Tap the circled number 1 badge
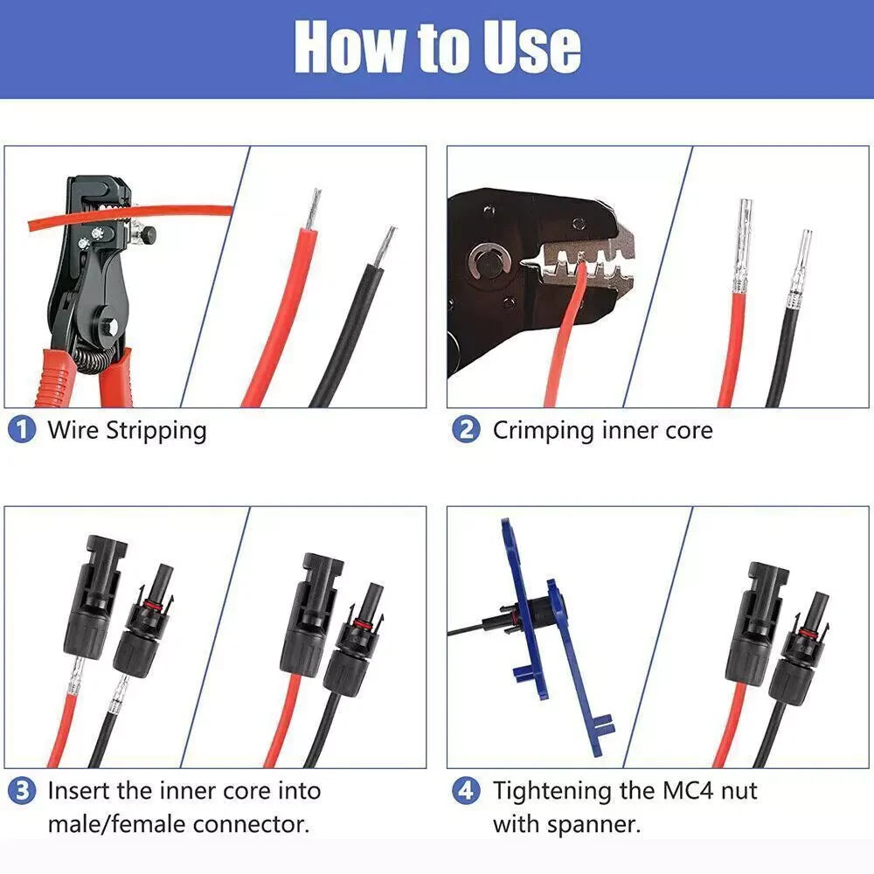tap(22, 429)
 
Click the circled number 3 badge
tap(22, 791)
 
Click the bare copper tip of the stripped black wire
tap(385, 246)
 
